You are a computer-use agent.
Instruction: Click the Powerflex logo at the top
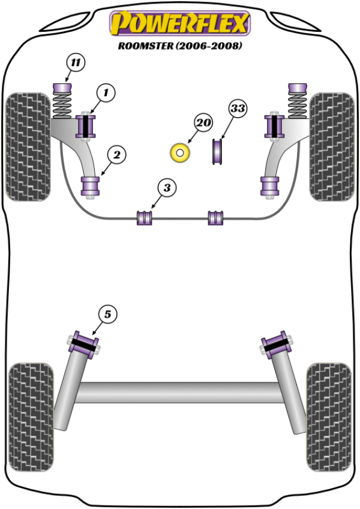[179, 24]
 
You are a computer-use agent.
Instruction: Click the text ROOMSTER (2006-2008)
[179, 46]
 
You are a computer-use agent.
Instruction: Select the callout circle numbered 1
[106, 93]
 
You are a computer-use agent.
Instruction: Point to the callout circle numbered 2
[116, 155]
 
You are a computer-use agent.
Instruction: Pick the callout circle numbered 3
[167, 188]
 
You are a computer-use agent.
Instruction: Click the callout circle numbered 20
[203, 123]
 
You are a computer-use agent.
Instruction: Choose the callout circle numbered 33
[238, 109]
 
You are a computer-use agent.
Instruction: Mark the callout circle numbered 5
[107, 313]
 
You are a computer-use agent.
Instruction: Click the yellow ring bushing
[179, 153]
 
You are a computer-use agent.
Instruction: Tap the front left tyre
[28, 145]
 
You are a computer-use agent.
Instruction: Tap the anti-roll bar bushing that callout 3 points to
[145, 217]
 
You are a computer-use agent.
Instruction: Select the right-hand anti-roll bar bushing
[215, 217]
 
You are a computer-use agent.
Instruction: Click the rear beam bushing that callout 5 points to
[84, 345]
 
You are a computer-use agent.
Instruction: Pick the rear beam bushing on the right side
[275, 345]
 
